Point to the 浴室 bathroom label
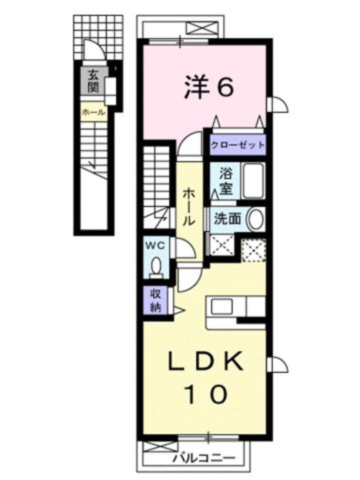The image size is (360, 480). (x=226, y=182)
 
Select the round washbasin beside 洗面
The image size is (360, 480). (x=256, y=219)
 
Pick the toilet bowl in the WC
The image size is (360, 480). (x=156, y=266)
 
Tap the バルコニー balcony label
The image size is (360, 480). (x=204, y=458)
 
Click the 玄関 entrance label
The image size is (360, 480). (x=93, y=81)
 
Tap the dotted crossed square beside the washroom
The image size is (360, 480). (x=254, y=250)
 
